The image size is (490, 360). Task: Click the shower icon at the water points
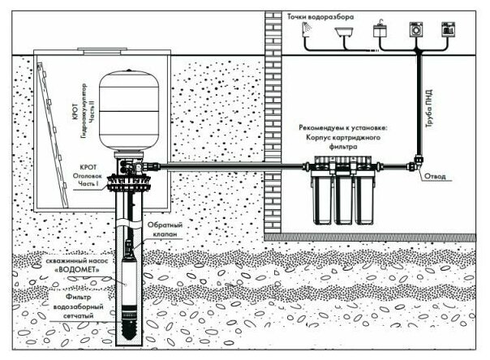tap(308, 28)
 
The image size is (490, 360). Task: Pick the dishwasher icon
tap(447, 29)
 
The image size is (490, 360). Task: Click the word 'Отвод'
tap(437, 174)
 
